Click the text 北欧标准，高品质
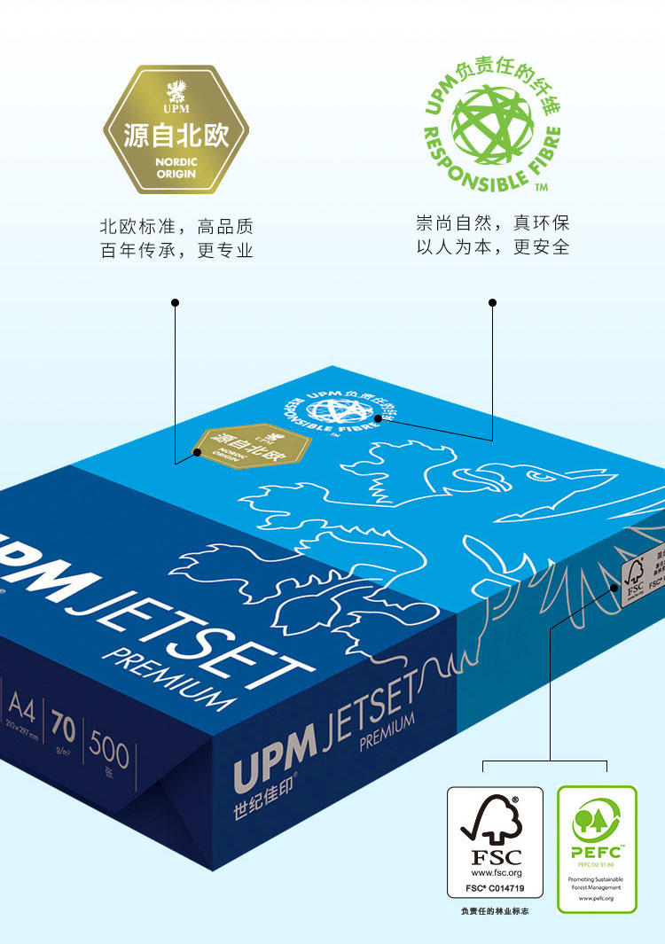(x=176, y=226)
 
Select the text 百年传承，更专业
(x=176, y=251)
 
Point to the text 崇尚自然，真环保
(x=493, y=222)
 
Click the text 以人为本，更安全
(x=493, y=247)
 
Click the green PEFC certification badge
(x=596, y=849)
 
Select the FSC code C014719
(x=504, y=886)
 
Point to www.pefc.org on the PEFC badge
(x=596, y=899)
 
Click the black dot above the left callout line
(x=176, y=303)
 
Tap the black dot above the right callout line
(x=493, y=303)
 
